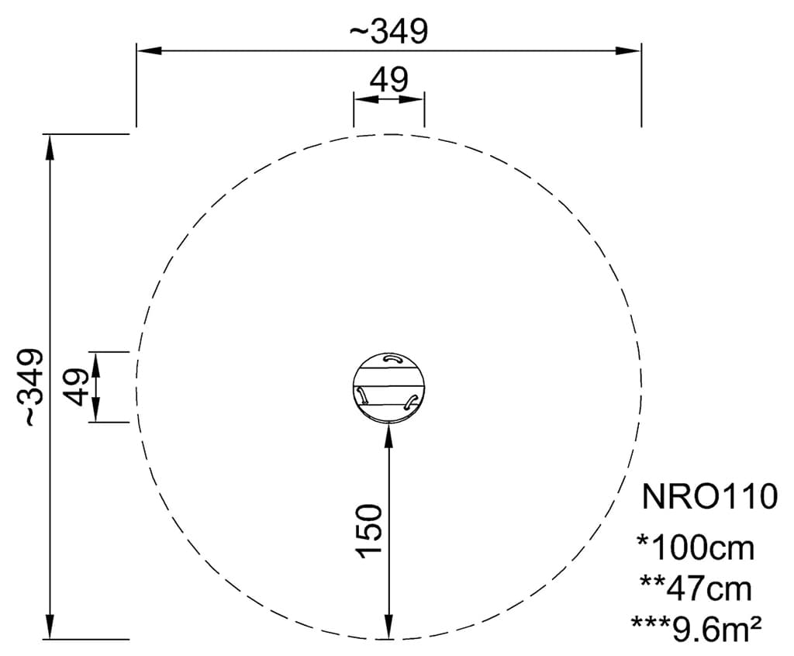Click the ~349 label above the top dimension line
pos(388,31)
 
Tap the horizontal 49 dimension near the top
pos(388,80)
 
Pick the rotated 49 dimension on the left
pos(77,387)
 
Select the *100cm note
pos(696,547)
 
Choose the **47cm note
pos(696,588)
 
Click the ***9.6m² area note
pos(696,629)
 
